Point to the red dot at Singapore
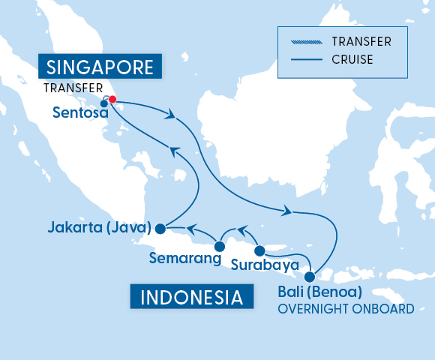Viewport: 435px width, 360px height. point(112,100)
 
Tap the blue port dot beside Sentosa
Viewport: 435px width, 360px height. point(104,103)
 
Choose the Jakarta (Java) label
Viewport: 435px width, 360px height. point(98,227)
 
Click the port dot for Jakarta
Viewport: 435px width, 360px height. point(160,229)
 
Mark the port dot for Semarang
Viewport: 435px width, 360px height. point(220,245)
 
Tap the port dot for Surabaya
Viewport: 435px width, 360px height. point(259,250)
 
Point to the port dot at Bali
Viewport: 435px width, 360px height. point(310,277)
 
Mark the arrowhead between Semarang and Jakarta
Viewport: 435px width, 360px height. point(190,226)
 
